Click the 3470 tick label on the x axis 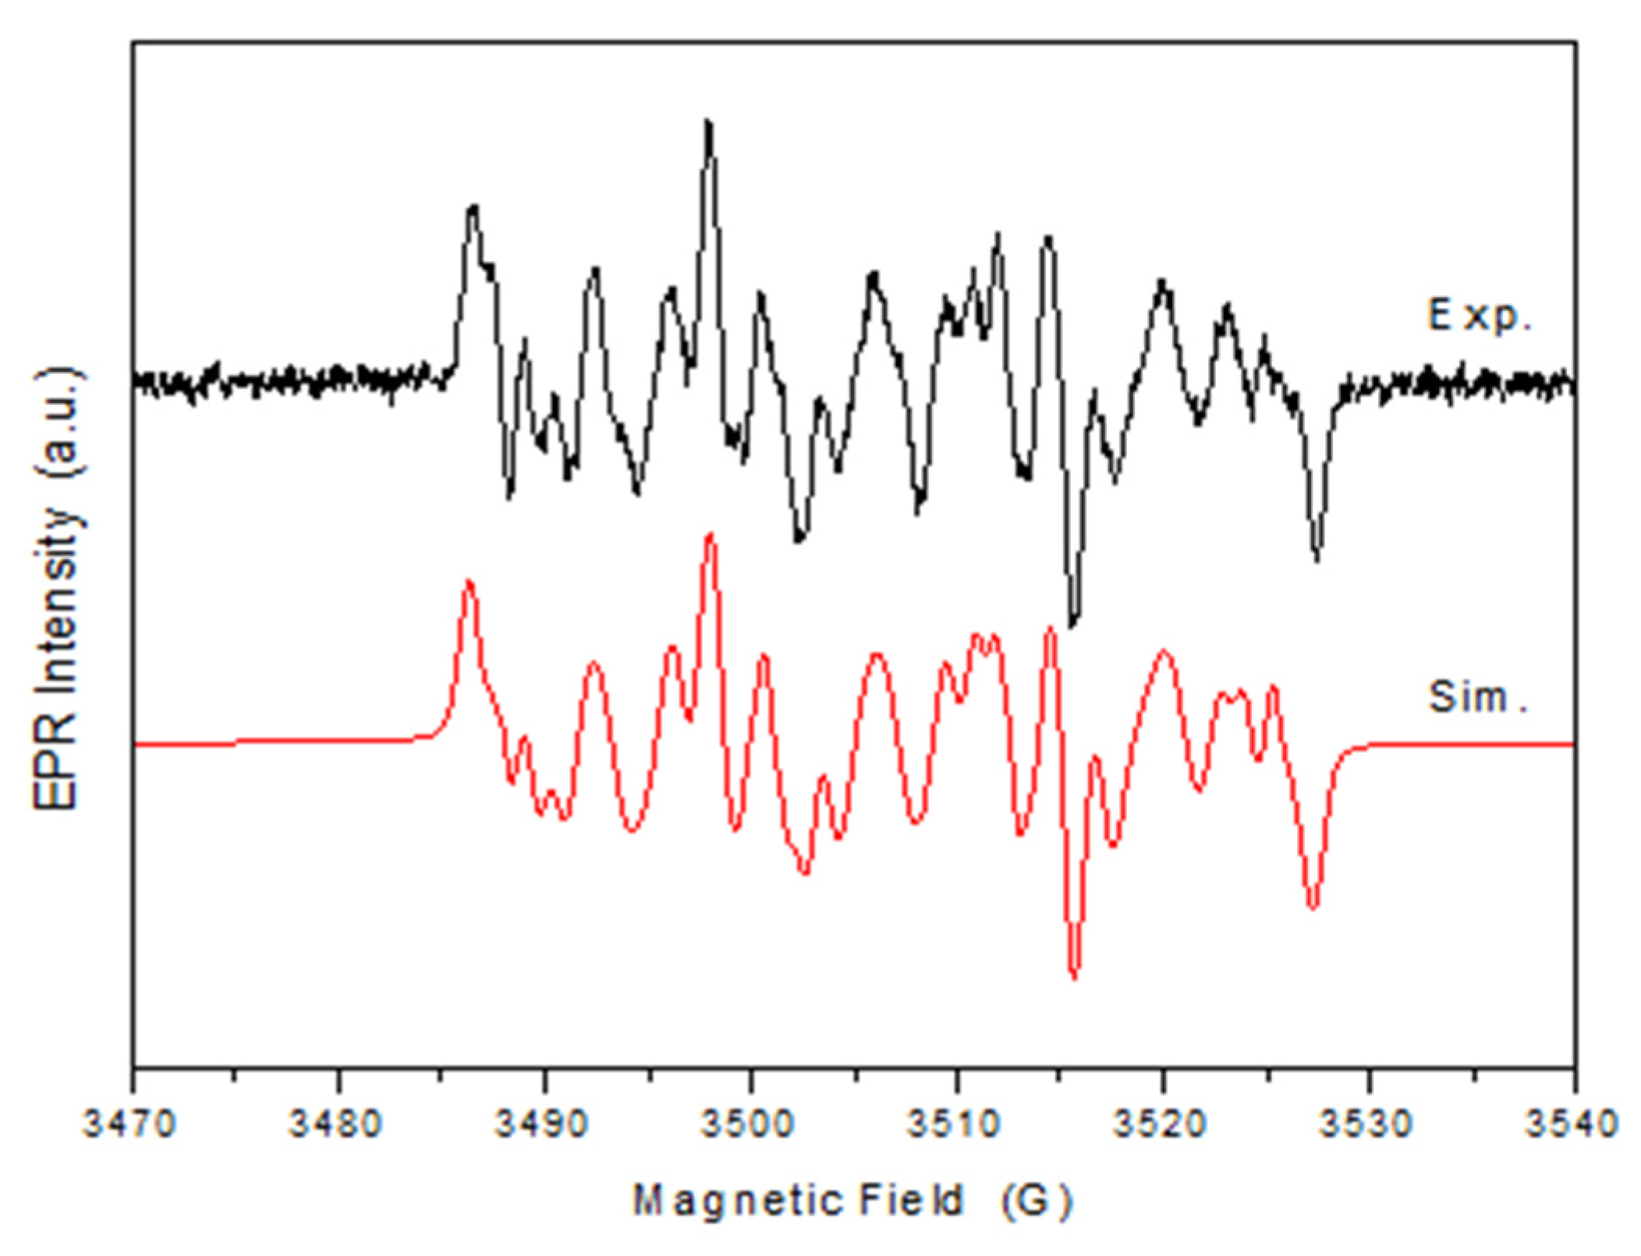[129, 1123]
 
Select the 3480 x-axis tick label [335, 1123]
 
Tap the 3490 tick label [542, 1123]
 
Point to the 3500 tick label [748, 1123]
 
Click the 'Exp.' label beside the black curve [1479, 315]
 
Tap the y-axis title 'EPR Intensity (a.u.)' [58, 589]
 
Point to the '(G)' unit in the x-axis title [1037, 1200]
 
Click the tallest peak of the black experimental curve [707, 125]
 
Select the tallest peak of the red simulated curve [710, 536]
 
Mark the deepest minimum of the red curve [1075, 975]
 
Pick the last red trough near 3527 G [1313, 906]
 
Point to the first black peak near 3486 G [473, 209]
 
